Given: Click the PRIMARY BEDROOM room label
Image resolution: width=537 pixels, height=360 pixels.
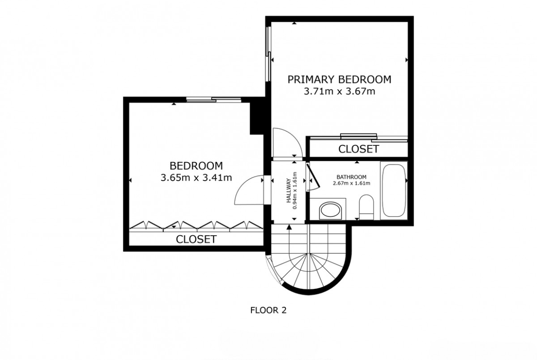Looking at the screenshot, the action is (x=339, y=79).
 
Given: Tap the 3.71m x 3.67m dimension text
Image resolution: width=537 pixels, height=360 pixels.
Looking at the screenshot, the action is (x=339, y=91).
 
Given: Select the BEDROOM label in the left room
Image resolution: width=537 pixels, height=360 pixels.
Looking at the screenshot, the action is (x=196, y=166).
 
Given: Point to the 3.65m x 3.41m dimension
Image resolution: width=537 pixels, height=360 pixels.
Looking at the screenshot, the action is (x=196, y=177).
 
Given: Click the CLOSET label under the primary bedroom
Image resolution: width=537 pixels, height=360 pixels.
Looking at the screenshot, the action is (x=358, y=149).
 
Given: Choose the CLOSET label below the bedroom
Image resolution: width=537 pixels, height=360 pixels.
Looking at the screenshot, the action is (x=196, y=239).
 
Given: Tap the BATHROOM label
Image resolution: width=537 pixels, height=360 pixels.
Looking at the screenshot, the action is (x=352, y=177).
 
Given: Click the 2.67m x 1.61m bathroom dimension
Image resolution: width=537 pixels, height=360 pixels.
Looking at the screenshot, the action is (x=352, y=183).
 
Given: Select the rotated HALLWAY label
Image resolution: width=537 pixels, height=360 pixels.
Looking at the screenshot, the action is (x=289, y=191).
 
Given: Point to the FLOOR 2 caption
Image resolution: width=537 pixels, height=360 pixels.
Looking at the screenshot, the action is (x=268, y=310).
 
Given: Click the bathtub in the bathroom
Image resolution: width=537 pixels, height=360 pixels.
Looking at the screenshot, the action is (x=393, y=190).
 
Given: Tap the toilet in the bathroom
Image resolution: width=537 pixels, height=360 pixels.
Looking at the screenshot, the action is (x=366, y=207).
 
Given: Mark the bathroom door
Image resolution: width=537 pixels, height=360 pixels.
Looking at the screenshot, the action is (x=313, y=177).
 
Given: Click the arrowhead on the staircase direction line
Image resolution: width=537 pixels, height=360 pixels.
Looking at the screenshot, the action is (x=290, y=226).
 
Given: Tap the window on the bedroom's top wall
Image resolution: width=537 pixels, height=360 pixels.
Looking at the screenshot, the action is (x=213, y=100).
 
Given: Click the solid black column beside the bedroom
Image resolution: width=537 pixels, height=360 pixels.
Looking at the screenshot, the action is (x=257, y=116).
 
